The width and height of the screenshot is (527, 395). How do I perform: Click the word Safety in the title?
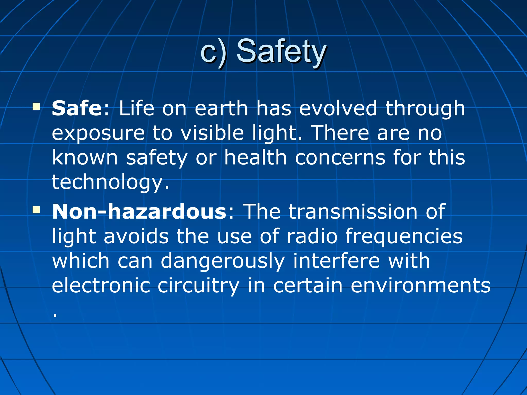pyautogui.click(x=281, y=51)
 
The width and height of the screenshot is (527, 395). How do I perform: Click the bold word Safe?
pyautogui.click(x=77, y=108)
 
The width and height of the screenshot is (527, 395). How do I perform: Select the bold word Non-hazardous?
pyautogui.click(x=139, y=211)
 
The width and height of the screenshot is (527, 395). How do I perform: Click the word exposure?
pyautogui.click(x=98, y=133)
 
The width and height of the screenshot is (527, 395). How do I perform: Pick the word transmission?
pyautogui.click(x=353, y=211)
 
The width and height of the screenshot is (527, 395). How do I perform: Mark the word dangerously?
pyautogui.click(x=223, y=261)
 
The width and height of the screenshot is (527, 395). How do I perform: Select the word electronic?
pyautogui.click(x=101, y=285)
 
